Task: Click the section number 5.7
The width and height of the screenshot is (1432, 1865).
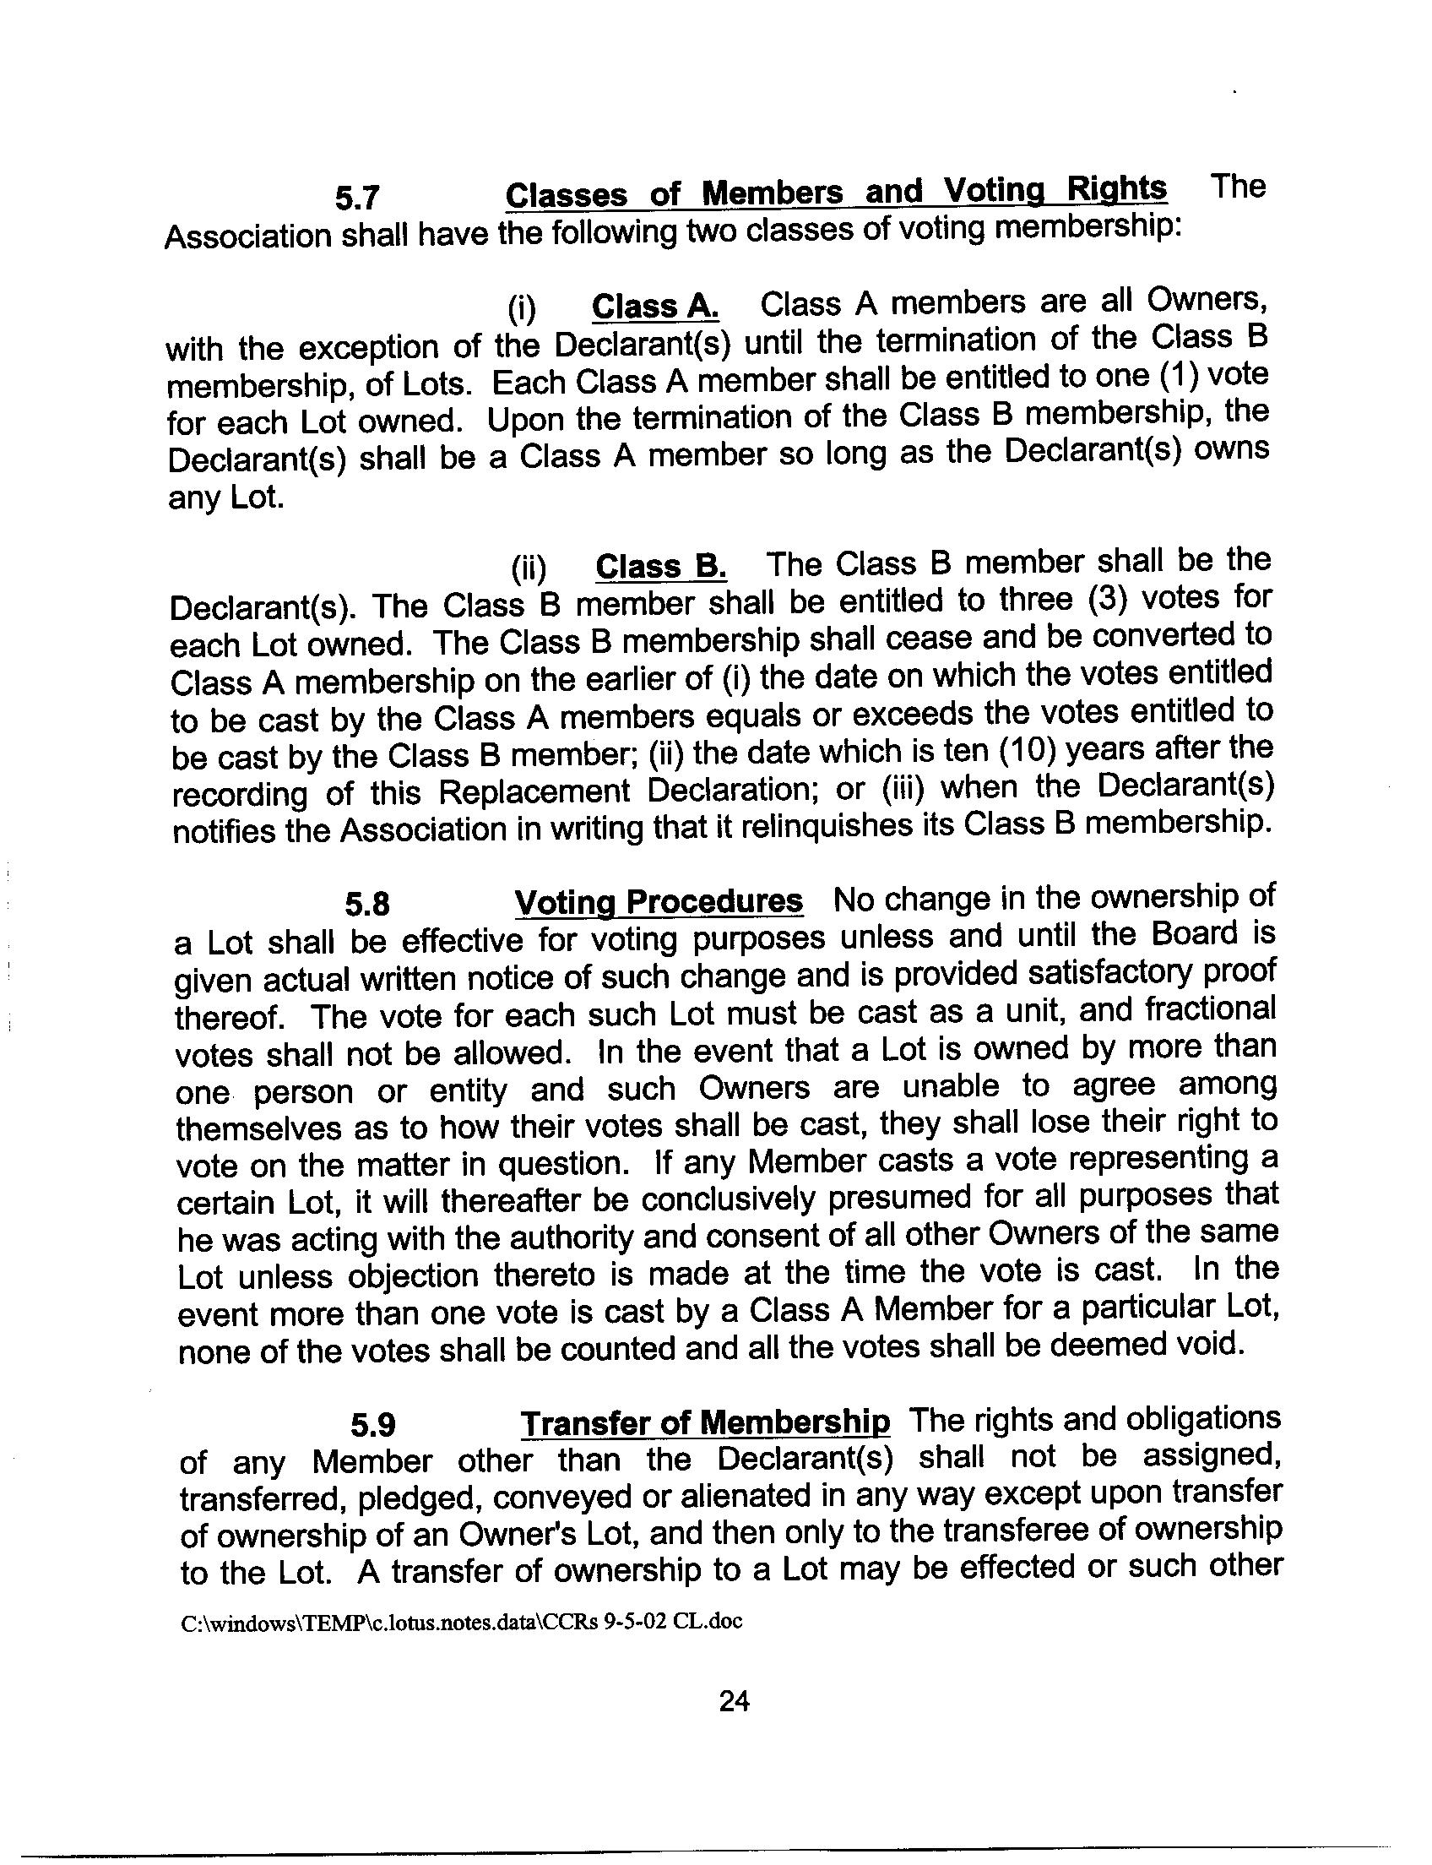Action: pos(356,198)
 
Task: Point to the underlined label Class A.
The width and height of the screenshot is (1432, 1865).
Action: pos(654,307)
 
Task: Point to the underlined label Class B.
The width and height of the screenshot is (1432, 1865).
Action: pos(660,567)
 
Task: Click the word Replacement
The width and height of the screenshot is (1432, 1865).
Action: pos(534,792)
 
